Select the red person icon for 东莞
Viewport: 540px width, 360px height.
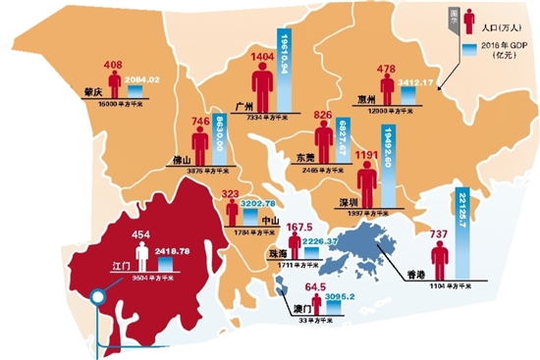[322, 139]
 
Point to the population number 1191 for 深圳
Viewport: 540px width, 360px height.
[367, 155]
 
